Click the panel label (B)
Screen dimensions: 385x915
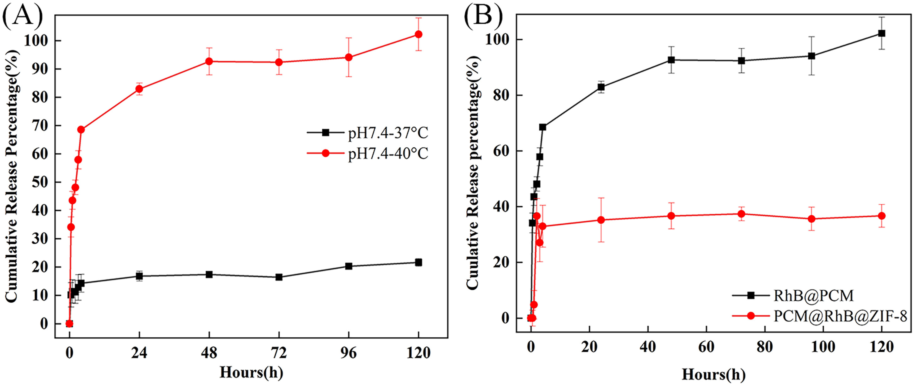tap(483, 16)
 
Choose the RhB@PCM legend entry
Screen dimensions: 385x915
tap(813, 296)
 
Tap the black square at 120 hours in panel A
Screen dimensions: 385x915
tap(418, 262)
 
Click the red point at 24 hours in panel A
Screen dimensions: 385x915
tap(139, 89)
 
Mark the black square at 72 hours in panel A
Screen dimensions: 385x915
tap(279, 277)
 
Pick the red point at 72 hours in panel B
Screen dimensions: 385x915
tap(741, 214)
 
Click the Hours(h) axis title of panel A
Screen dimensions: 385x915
tap(251, 372)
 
